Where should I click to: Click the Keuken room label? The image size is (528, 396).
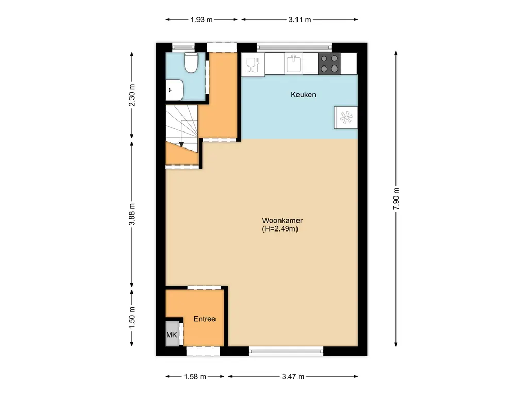point(303,95)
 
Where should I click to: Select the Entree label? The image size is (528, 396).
point(204,319)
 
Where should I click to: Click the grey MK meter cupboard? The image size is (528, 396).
point(172,335)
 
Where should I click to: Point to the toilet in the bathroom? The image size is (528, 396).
point(191,62)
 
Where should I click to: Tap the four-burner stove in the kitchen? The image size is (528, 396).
point(329,64)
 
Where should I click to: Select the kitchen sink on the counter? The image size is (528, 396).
point(294,64)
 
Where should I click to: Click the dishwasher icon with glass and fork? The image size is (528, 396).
point(252,64)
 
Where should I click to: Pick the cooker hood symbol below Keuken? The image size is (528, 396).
point(344,117)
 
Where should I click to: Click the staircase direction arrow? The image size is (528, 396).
point(181,145)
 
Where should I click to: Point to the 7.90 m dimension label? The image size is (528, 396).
point(396,199)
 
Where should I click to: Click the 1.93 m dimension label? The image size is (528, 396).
point(202,20)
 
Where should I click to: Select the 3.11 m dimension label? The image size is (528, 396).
point(300,20)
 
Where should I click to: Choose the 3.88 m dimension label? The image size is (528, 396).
point(132,214)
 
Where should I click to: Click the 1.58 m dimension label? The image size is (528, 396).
point(195,377)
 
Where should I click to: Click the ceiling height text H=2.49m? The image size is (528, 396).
point(280,229)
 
